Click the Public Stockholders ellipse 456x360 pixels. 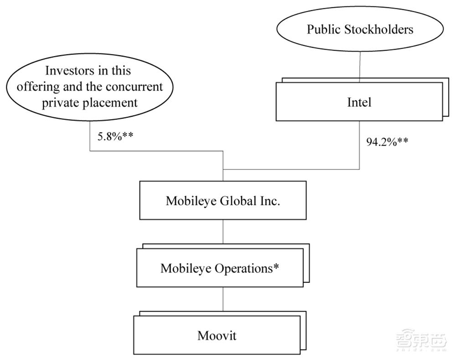coord(360,30)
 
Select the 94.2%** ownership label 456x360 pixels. coord(387,141)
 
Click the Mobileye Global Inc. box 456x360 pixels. coord(223,201)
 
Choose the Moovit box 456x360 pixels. coord(217,336)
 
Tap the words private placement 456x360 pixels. coord(90,102)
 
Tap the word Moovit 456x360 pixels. coord(217,336)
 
